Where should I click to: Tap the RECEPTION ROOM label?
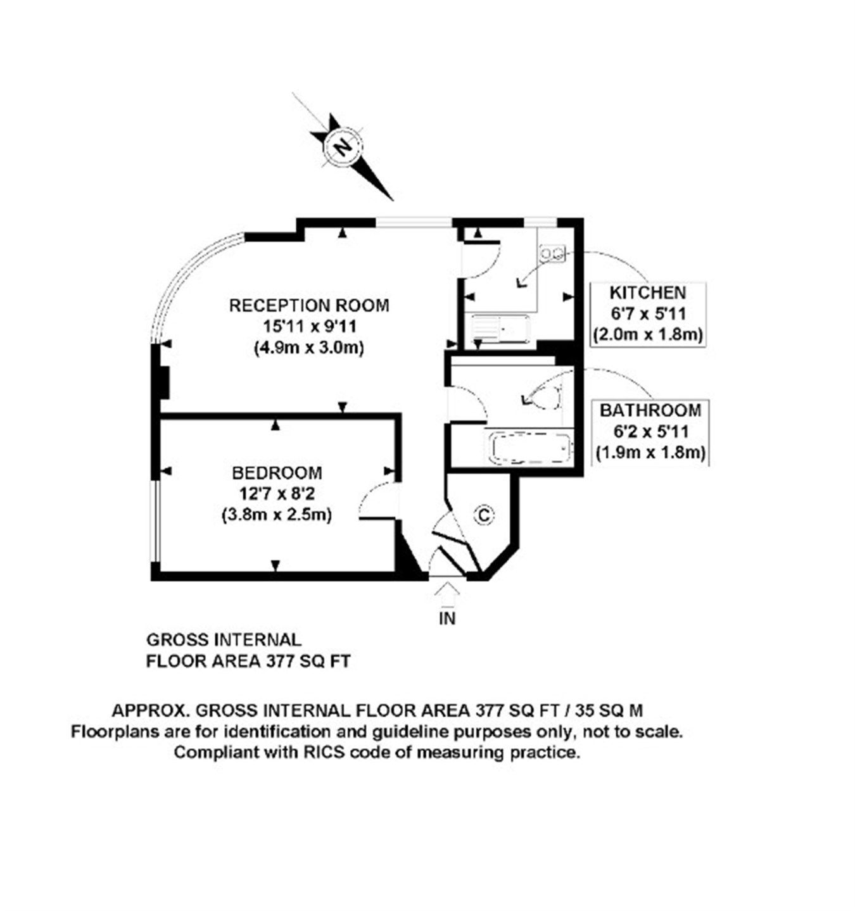309,305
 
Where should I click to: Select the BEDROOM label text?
277,473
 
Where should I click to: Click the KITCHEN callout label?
647,292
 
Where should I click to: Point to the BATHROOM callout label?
650,410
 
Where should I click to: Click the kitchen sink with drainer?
499,329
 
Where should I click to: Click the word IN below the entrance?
447,618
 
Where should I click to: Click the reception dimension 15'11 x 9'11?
309,327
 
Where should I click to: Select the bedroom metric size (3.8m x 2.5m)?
277,515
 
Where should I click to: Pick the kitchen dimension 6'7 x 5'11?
647,313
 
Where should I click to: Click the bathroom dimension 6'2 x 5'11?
650,432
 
